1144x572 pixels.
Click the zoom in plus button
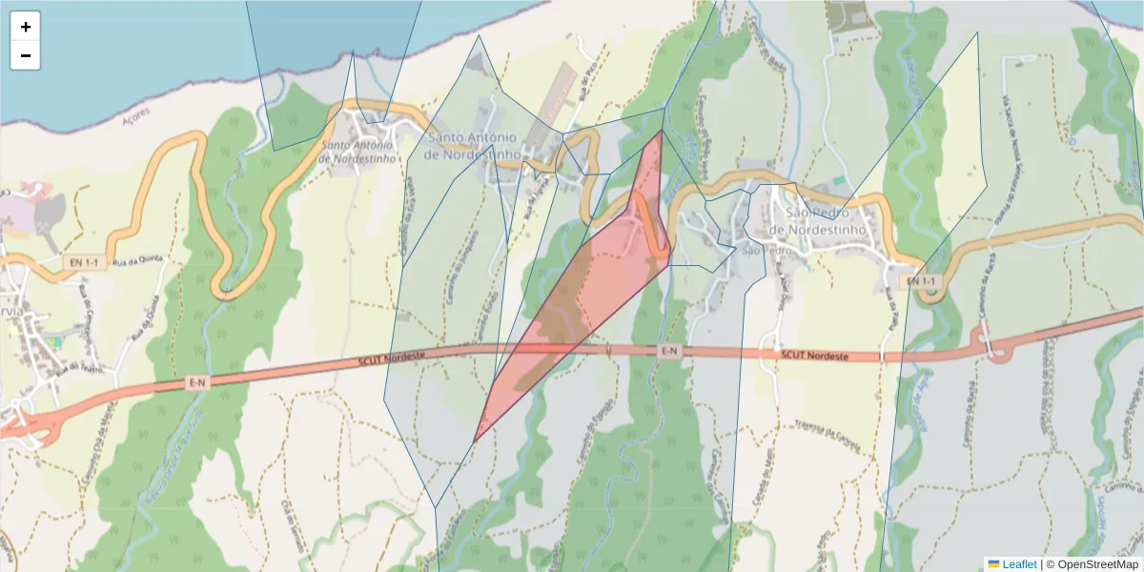point(25,27)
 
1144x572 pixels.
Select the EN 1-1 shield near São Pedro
point(922,281)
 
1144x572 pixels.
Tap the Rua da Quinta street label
point(133,260)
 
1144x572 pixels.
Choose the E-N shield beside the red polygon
point(669,352)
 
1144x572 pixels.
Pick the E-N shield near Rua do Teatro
point(198,383)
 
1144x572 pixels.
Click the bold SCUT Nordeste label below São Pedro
point(814,356)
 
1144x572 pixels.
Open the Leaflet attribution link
point(1019,564)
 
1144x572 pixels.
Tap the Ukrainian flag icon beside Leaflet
point(993,564)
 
